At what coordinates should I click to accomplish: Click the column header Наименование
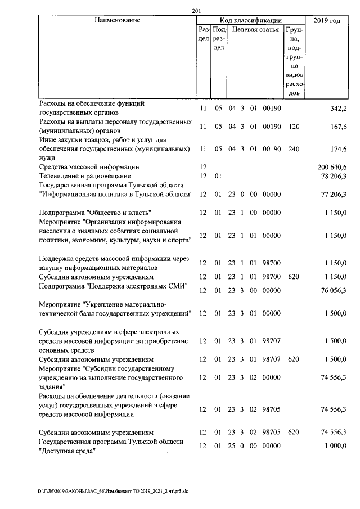117,20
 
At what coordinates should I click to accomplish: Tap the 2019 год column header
327,20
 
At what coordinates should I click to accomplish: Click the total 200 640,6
329,167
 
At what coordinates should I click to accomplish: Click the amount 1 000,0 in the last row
334,446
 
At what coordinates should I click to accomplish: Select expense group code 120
292,127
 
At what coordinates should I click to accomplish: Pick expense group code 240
292,149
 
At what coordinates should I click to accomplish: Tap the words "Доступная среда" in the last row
65,451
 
